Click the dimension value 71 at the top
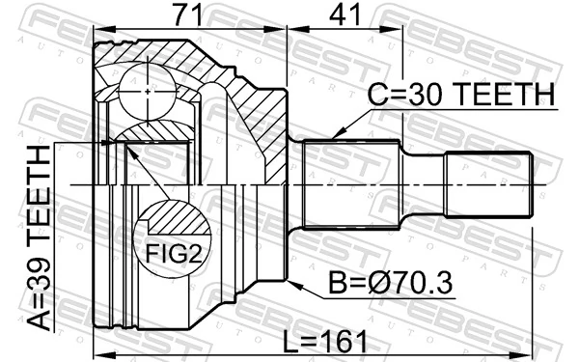[190, 17]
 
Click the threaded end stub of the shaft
[486, 183]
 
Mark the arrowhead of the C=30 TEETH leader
[333, 136]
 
